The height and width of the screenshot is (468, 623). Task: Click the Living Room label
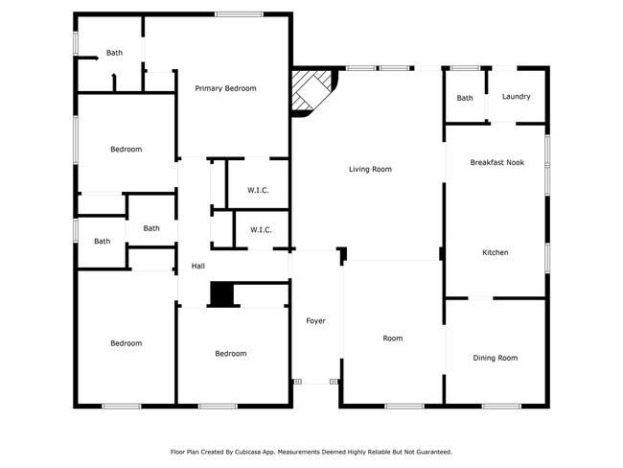click(x=370, y=170)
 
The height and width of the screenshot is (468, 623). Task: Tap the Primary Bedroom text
click(x=225, y=88)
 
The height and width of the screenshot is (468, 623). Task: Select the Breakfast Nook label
click(x=496, y=163)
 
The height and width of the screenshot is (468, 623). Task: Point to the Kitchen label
click(x=495, y=253)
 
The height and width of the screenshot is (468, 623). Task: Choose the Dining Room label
click(x=495, y=358)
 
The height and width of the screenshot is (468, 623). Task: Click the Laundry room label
click(x=516, y=97)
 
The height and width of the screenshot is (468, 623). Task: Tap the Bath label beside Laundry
click(x=465, y=98)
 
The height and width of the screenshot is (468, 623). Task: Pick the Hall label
click(x=198, y=266)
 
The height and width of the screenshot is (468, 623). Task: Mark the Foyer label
click(x=315, y=320)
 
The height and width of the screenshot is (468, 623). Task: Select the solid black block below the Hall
click(x=222, y=295)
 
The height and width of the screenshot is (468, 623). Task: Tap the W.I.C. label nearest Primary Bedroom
click(x=258, y=190)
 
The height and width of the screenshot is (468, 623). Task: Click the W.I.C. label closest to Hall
click(x=261, y=230)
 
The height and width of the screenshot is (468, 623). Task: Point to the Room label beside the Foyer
click(x=393, y=339)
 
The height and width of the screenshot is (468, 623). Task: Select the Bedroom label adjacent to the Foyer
click(x=230, y=354)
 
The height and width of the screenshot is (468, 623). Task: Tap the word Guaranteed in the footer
click(x=429, y=451)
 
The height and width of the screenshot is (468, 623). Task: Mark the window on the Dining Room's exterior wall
click(x=500, y=406)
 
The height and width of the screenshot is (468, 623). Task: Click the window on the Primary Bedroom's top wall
click(x=233, y=13)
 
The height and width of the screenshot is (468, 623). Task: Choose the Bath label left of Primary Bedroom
click(x=114, y=53)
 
